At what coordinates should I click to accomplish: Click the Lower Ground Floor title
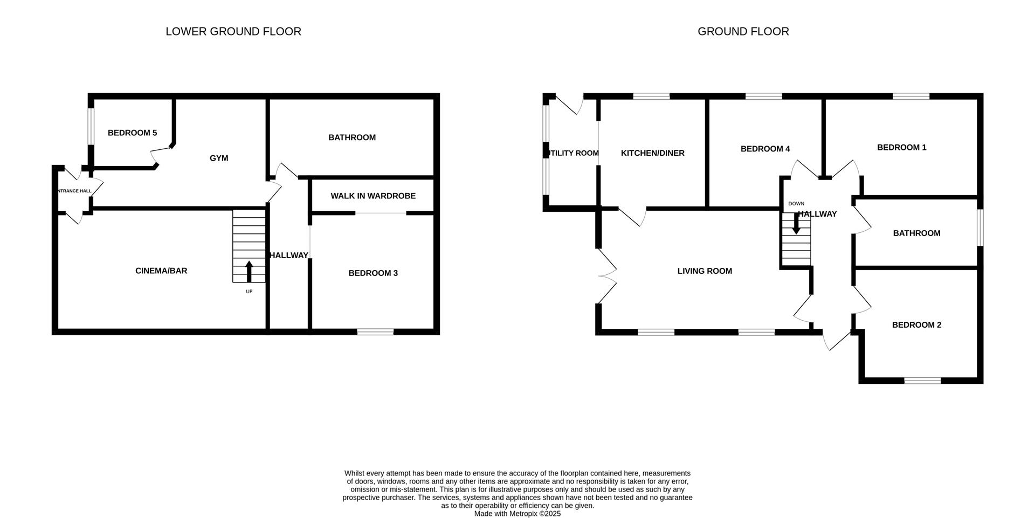pyautogui.click(x=233, y=31)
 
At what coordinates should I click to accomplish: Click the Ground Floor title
pyautogui.click(x=743, y=31)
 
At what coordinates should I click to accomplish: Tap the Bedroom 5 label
pyautogui.click(x=133, y=133)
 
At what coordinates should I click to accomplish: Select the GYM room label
pyautogui.click(x=219, y=158)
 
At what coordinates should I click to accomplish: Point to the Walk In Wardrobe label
pyautogui.click(x=373, y=196)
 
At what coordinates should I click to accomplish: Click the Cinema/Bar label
pyautogui.click(x=161, y=271)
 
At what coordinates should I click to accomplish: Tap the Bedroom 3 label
pyautogui.click(x=373, y=273)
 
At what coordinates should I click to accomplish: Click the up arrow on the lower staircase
pyautogui.click(x=249, y=272)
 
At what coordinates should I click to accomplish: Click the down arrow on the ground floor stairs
pyautogui.click(x=796, y=224)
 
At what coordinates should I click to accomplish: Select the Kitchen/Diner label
pyautogui.click(x=653, y=153)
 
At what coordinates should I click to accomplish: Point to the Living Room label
pyautogui.click(x=705, y=271)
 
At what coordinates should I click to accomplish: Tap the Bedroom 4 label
pyautogui.click(x=765, y=149)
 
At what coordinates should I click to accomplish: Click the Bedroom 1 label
pyautogui.click(x=902, y=147)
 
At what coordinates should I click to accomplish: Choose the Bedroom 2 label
pyautogui.click(x=917, y=324)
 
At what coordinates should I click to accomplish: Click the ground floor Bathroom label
pyautogui.click(x=917, y=233)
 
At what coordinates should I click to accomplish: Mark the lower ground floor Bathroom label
pyautogui.click(x=352, y=137)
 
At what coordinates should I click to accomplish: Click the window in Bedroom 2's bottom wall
pyautogui.click(x=922, y=381)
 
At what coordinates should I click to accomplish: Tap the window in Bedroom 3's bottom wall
pyautogui.click(x=375, y=331)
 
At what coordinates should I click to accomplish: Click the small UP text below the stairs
pyautogui.click(x=249, y=292)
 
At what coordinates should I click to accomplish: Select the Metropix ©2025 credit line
pyautogui.click(x=517, y=514)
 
